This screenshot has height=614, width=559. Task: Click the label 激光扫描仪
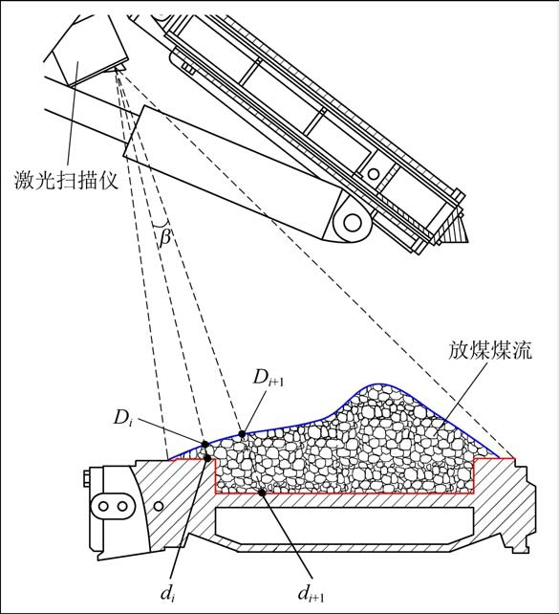(66, 181)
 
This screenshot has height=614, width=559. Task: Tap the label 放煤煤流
(490, 350)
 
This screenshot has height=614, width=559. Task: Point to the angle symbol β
(165, 237)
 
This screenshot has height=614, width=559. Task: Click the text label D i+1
(268, 377)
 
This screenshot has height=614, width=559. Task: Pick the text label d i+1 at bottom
(311, 593)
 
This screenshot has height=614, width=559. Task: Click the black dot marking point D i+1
(242, 433)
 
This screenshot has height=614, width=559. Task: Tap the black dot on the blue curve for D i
(205, 444)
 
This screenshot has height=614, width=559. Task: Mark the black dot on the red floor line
(262, 493)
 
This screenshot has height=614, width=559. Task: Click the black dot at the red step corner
(207, 458)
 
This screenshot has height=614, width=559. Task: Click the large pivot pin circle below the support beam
(353, 223)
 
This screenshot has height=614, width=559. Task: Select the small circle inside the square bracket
(374, 173)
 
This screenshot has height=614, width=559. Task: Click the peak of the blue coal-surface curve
(377, 384)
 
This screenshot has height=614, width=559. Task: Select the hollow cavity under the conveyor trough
(344, 525)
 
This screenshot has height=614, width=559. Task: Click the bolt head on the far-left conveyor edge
(86, 479)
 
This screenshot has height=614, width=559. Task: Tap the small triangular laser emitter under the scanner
(119, 68)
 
